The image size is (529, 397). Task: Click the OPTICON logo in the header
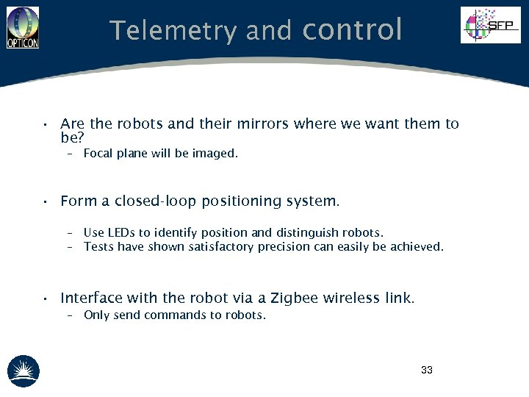[x=22, y=27]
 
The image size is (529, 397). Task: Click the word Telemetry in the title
[x=173, y=31]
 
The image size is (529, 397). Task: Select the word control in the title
[x=352, y=30]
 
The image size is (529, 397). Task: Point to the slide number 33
[x=427, y=370]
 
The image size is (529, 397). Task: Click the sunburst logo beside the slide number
[x=23, y=371]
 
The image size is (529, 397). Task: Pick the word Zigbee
[x=295, y=298]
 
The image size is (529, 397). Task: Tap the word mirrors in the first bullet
[x=262, y=124]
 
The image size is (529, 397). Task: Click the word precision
[x=284, y=247]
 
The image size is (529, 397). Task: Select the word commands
[x=173, y=315]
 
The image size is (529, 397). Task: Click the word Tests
[x=98, y=247]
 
